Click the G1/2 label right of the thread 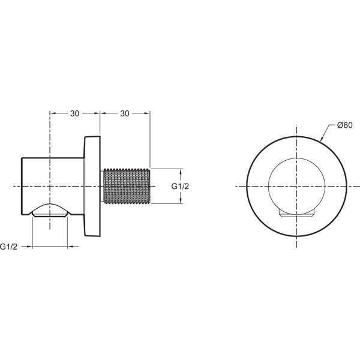tap(181, 187)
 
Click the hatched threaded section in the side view tap(127, 187)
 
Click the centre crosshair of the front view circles tap(297, 187)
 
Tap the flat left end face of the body tap(22, 187)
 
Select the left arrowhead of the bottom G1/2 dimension tap(34, 246)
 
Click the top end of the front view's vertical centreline tap(297, 124)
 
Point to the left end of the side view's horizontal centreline tap(13, 187)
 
